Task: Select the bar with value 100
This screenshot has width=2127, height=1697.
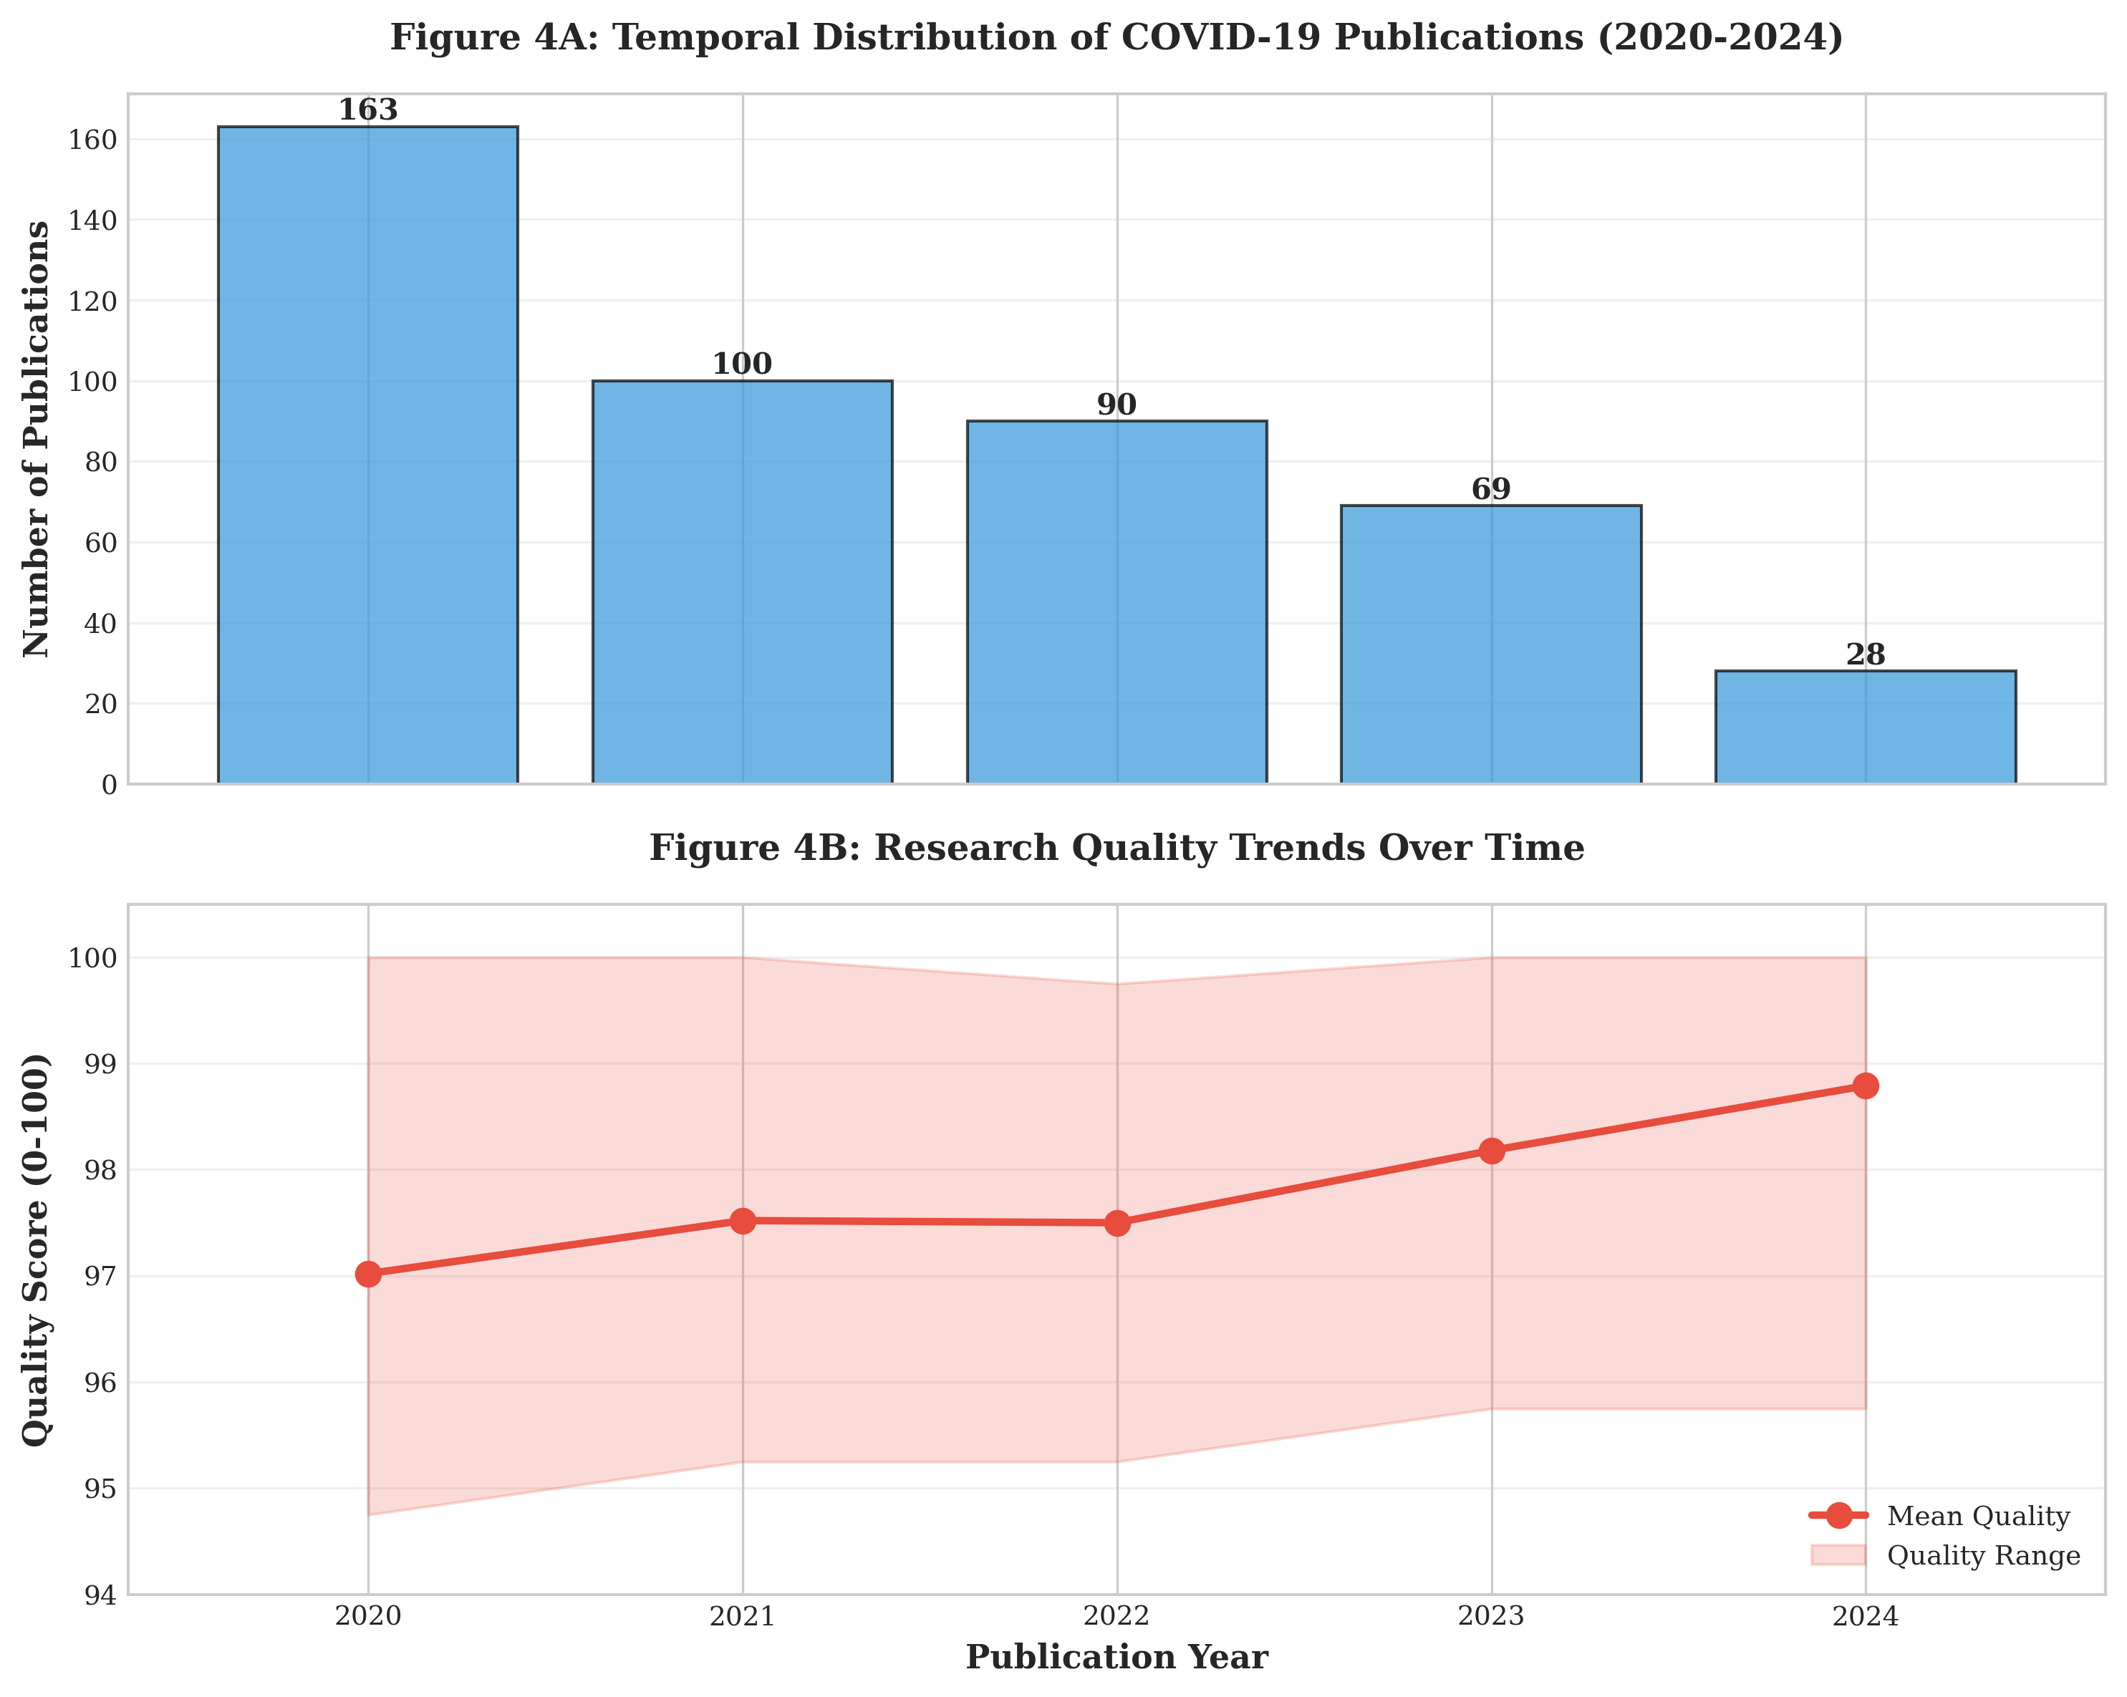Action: pos(742,582)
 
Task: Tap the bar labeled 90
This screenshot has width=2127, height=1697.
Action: pos(1116,602)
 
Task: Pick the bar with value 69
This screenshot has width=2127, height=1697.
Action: pos(1490,644)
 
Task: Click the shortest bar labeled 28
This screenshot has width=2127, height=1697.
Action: pos(1865,727)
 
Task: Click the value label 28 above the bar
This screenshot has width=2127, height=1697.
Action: pos(1865,655)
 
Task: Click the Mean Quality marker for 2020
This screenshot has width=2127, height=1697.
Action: pos(368,1274)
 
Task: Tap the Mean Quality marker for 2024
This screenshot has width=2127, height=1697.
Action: pos(1865,1086)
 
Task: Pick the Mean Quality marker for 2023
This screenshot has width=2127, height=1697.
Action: pos(1490,1151)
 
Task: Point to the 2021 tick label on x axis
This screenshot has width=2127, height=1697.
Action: pos(742,1616)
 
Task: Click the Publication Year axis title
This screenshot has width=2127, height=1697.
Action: pos(1116,1658)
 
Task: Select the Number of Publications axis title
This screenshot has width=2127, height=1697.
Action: pos(37,439)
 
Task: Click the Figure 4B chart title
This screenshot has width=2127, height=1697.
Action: pos(1116,848)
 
